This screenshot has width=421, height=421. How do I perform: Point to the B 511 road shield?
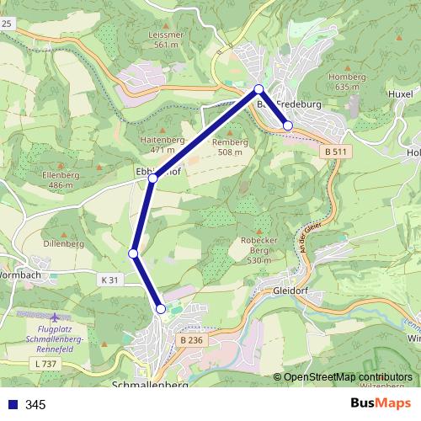[334, 152]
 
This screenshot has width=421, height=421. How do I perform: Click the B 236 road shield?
[191, 339]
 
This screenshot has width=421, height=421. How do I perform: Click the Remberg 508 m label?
[230, 147]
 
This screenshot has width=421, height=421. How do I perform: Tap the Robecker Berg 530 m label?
[258, 250]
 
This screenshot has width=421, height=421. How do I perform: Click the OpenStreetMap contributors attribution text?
[348, 377]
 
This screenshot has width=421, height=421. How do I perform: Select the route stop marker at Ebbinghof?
[152, 179]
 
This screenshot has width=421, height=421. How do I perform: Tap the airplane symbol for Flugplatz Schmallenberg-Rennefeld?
[55, 318]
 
